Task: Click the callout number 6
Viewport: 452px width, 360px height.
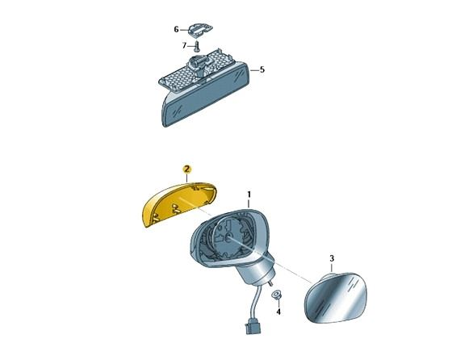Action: pos(176,30)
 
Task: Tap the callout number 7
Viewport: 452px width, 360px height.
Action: pos(183,44)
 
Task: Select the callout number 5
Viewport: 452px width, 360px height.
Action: pos(262,70)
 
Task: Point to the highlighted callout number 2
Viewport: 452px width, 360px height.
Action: pos(186,169)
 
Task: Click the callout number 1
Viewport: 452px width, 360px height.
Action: pos(249,195)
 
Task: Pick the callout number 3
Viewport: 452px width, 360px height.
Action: pos(331,258)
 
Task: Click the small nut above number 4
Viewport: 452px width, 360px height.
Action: pos(277,295)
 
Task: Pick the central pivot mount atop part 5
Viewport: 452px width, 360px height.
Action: pos(196,62)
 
